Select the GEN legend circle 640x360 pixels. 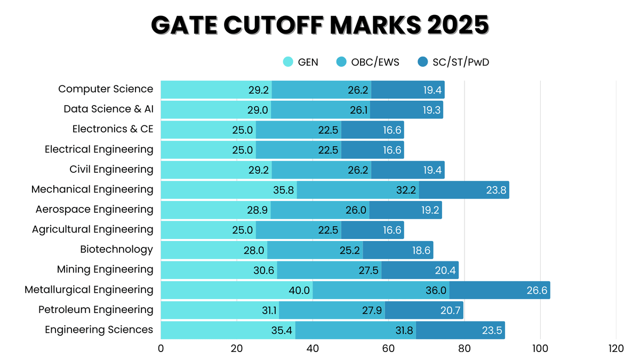click(288, 62)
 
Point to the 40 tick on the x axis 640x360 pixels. click(313, 349)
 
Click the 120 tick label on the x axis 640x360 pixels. click(616, 349)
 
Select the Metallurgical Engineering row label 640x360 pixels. click(89, 290)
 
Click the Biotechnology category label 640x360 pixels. click(116, 249)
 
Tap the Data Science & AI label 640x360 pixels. click(108, 109)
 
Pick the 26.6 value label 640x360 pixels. click(535, 290)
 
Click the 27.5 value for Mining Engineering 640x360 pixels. click(369, 270)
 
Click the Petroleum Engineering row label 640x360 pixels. click(95, 309)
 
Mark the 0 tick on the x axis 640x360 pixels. click(161, 349)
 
